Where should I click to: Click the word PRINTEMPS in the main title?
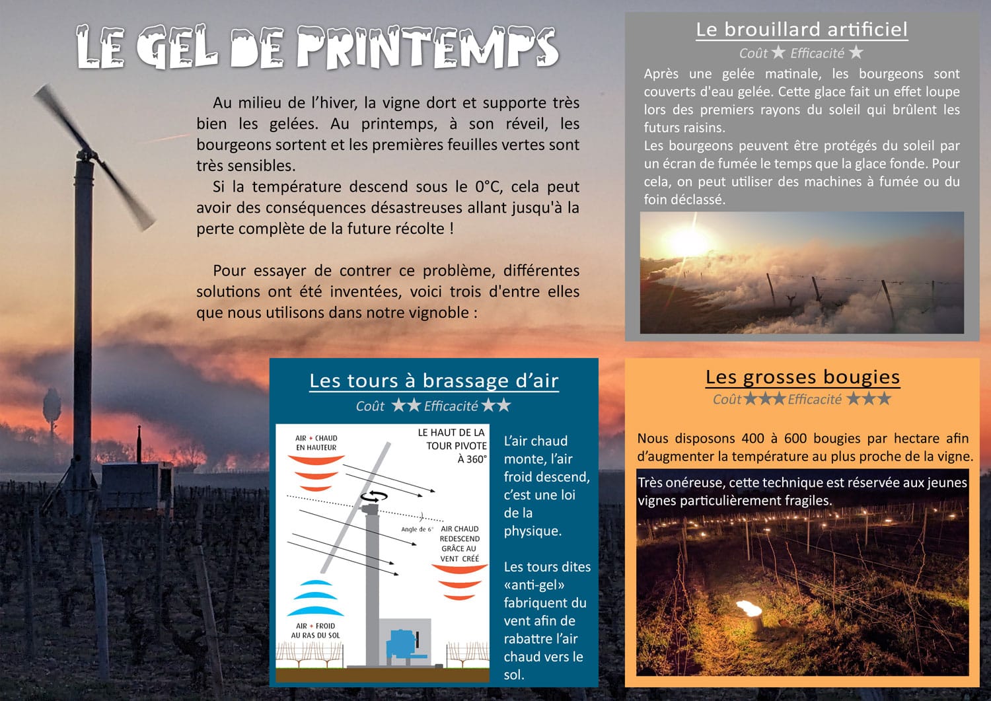(427, 49)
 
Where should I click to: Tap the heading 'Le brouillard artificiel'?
(801, 30)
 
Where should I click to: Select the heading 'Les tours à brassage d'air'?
(434, 381)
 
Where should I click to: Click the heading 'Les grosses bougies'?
(802, 377)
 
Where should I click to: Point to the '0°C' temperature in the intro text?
(488, 187)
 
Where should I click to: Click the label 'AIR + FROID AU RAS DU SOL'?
(316, 630)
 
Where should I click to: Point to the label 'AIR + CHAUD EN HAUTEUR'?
(316, 443)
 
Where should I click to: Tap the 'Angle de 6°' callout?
(416, 529)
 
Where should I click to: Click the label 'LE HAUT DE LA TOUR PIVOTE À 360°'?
(453, 445)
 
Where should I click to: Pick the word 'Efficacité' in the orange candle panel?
(814, 399)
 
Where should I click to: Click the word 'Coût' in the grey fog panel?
(753, 54)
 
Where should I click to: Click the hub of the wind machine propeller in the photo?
(86, 157)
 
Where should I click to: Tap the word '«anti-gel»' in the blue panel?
(534, 585)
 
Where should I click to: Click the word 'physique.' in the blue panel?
(532, 531)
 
